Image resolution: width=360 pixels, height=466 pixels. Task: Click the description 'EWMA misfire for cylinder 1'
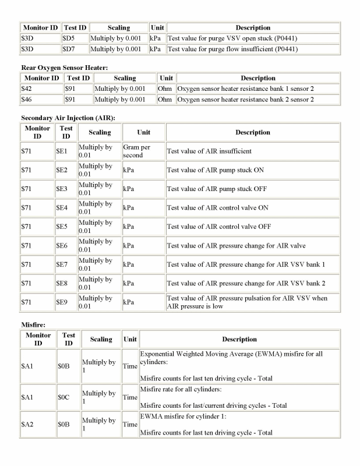189,418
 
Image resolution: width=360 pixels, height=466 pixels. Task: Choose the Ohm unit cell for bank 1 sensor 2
165,89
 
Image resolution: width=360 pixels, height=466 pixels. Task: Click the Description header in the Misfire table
239,339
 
